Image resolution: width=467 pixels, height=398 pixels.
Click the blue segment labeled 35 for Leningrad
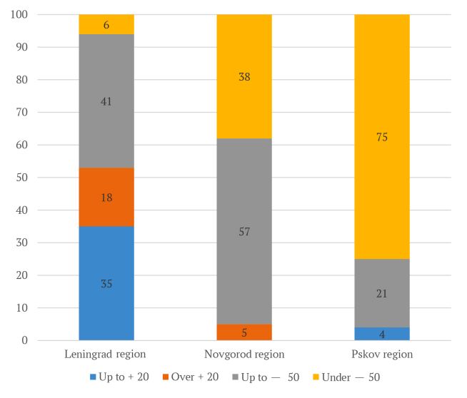106,283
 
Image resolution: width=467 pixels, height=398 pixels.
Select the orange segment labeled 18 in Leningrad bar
106,197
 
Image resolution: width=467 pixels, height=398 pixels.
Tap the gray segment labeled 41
106,101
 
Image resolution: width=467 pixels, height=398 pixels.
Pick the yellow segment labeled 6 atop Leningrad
106,24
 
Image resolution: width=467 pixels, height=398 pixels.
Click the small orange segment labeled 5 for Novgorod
244,332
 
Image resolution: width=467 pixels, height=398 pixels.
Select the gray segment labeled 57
244,231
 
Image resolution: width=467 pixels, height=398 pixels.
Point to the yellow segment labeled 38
244,76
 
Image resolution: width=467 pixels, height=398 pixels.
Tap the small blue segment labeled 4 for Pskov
382,333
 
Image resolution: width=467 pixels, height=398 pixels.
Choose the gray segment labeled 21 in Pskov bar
382,293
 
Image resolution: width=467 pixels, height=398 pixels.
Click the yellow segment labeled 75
382,137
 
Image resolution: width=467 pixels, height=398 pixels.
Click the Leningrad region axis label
106,354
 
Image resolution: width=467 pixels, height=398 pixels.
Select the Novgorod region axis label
244,354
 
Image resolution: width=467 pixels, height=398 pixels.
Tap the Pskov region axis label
382,354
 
